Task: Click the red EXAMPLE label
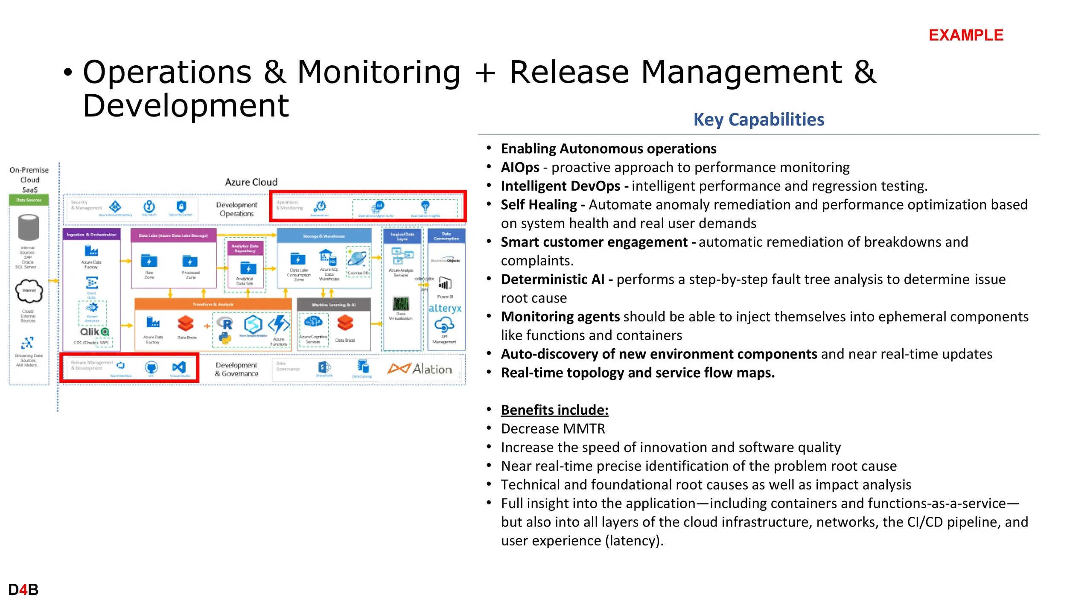click(966, 35)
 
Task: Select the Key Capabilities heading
click(758, 119)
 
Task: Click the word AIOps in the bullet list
click(520, 167)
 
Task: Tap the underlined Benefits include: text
click(554, 410)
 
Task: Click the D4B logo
click(23, 589)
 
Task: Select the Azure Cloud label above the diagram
click(251, 182)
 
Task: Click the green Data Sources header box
click(29, 200)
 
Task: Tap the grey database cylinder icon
click(29, 228)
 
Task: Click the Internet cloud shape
click(29, 291)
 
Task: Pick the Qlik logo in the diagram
click(94, 332)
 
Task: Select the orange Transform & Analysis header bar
click(213, 304)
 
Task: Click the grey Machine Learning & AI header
click(333, 305)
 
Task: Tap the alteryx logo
click(445, 308)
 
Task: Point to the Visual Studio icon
click(179, 367)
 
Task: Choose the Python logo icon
click(224, 339)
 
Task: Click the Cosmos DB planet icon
click(357, 259)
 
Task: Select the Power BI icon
click(445, 284)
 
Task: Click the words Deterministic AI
click(552, 280)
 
